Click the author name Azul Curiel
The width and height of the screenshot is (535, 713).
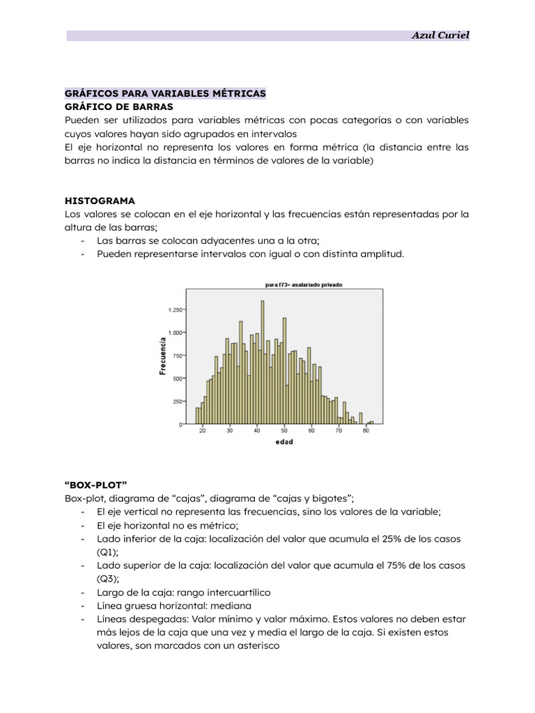(440, 36)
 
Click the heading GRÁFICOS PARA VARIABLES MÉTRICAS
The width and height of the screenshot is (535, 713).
(165, 93)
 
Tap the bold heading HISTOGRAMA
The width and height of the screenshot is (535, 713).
(100, 200)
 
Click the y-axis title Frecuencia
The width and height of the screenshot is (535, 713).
(162, 356)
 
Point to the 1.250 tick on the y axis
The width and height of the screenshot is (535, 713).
(175, 310)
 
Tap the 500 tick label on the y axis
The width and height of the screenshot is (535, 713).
(178, 378)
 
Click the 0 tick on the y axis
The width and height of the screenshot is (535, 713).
(182, 424)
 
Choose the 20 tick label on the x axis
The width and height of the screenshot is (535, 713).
(203, 432)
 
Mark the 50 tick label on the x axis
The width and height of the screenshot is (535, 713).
(284, 432)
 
